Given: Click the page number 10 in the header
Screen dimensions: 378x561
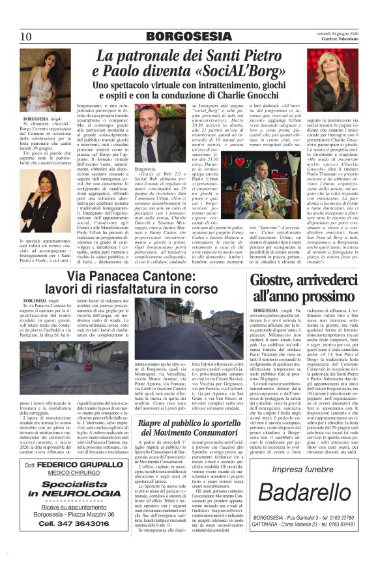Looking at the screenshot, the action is [x=27, y=37].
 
